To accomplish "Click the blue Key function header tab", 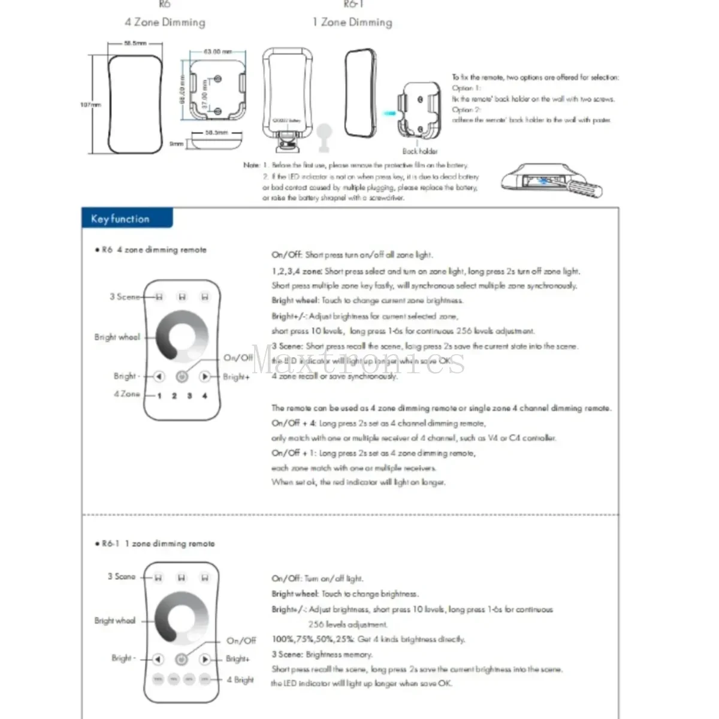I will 126,219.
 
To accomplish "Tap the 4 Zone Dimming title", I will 165,23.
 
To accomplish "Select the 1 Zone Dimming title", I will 352,23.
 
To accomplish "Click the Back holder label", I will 419,151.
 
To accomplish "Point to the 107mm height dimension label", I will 90,105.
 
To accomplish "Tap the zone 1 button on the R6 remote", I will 159,396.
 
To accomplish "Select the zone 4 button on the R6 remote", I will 204,396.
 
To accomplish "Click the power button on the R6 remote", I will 182,377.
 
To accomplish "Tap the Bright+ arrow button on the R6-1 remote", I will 204,659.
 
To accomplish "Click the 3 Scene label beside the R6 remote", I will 124,297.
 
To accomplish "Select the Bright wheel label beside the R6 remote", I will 117,337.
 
